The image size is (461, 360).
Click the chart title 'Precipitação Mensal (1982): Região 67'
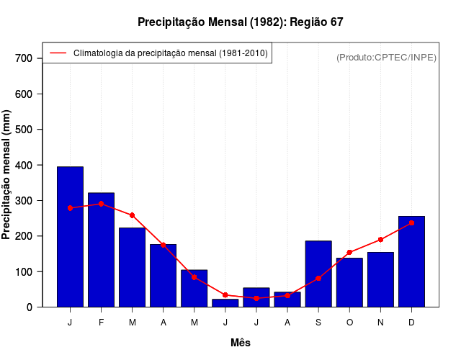(240, 22)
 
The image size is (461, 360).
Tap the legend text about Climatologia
(171, 53)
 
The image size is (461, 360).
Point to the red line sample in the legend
(58, 53)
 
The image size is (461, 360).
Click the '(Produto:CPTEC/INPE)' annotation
(386, 57)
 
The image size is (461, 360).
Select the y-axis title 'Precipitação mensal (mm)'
(7, 175)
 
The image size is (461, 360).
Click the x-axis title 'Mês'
(240, 343)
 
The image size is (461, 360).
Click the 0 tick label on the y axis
(30, 307)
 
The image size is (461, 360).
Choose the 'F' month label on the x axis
(101, 323)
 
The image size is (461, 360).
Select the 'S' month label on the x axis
(318, 323)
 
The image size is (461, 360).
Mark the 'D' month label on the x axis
(411, 323)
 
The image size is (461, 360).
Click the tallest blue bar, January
(70, 238)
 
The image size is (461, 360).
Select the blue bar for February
(101, 251)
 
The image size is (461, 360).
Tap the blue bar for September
(318, 274)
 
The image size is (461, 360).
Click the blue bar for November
(380, 280)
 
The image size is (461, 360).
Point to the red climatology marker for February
(101, 204)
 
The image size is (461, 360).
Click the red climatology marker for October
(349, 253)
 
